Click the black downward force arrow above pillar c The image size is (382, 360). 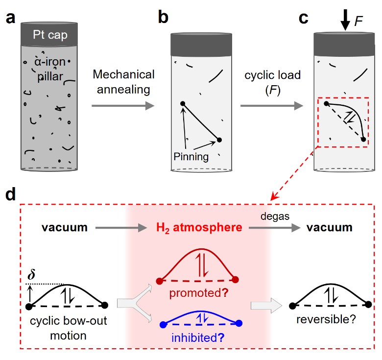[345, 19]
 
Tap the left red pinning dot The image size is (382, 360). [159, 281]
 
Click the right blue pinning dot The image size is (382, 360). [239, 323]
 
